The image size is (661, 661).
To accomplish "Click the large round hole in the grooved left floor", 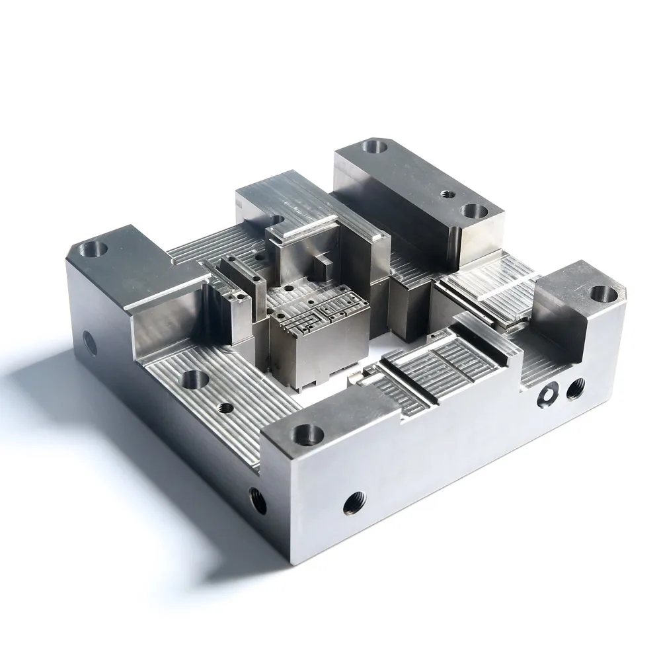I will pos(194,379).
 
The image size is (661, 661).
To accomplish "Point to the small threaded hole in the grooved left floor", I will pos(227,407).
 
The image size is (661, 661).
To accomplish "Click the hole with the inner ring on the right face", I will pos(547,395).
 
